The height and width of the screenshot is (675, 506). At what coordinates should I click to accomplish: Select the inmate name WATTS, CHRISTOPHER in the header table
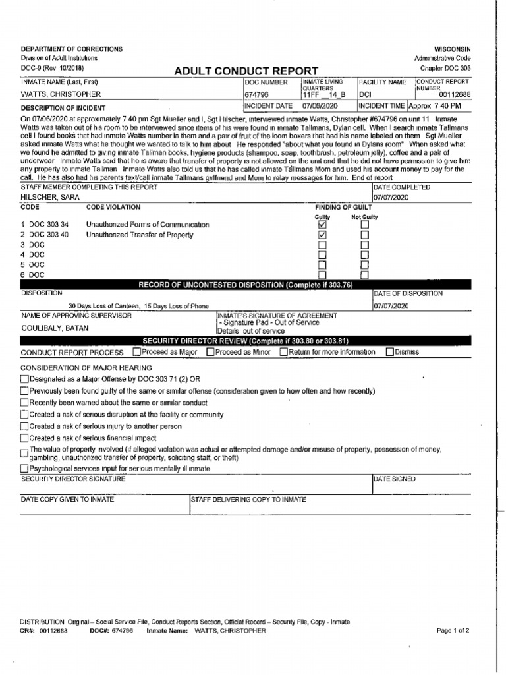[61, 94]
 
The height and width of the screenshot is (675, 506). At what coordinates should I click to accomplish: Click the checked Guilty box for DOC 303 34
[322, 225]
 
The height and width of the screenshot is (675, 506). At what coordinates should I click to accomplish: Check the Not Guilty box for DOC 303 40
[364, 235]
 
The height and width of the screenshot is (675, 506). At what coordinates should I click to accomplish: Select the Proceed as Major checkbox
[136, 352]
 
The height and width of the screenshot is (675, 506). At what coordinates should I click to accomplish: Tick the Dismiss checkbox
[390, 352]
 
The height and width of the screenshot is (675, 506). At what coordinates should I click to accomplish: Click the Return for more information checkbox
[283, 352]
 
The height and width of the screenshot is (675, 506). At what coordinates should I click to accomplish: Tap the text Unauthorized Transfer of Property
[140, 235]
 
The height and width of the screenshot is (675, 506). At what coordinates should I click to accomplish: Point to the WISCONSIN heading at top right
[453, 49]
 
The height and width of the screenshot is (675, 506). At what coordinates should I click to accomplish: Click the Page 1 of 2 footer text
[453, 631]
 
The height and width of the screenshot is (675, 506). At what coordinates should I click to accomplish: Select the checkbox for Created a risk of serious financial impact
[25, 438]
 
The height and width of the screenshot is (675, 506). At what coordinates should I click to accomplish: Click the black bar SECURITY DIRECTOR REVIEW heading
[246, 341]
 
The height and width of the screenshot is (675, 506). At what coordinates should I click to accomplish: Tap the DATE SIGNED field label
[395, 479]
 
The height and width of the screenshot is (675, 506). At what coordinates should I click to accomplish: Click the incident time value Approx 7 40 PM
[435, 105]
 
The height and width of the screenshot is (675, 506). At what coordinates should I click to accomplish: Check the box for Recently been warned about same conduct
[25, 403]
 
